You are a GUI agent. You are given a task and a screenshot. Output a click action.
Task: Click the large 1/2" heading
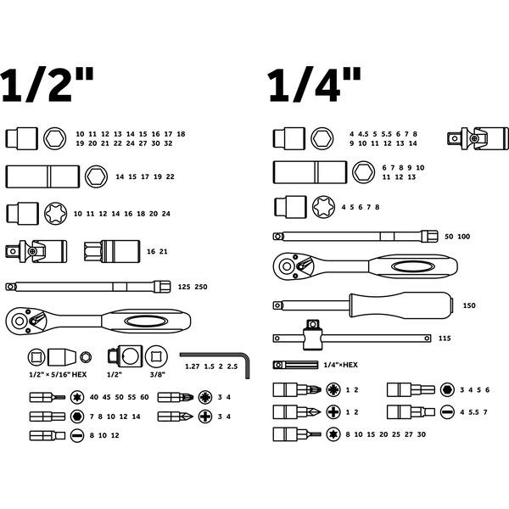(47, 85)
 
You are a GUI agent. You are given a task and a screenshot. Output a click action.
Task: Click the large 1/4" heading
(314, 85)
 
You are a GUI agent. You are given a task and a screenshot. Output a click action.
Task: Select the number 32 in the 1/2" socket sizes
(168, 143)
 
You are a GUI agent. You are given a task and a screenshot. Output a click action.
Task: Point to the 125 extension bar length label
(184, 287)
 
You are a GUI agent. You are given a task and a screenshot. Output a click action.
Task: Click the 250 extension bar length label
(201, 287)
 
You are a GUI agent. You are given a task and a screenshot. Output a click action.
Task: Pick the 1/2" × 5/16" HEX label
(58, 375)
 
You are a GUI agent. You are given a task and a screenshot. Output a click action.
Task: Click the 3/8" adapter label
(158, 375)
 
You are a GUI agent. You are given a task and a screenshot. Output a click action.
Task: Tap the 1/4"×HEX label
(341, 365)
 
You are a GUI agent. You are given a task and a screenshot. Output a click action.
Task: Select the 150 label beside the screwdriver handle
(469, 305)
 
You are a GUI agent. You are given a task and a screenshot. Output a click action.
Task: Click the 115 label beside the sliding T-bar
(445, 338)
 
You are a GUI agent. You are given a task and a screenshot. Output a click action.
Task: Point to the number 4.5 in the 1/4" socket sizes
(363, 134)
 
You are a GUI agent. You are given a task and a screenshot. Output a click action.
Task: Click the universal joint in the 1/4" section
(478, 138)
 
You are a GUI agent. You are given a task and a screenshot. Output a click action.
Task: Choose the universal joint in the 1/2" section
(36, 251)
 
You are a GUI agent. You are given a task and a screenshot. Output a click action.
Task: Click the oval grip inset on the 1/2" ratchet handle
(144, 322)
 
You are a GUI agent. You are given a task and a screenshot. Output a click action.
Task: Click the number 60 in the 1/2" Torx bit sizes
(144, 397)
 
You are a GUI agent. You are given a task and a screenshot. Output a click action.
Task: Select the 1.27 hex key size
(193, 366)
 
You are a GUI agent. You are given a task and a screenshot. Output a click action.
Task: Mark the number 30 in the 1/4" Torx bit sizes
(422, 434)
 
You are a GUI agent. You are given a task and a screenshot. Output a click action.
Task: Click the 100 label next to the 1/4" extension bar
(464, 237)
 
